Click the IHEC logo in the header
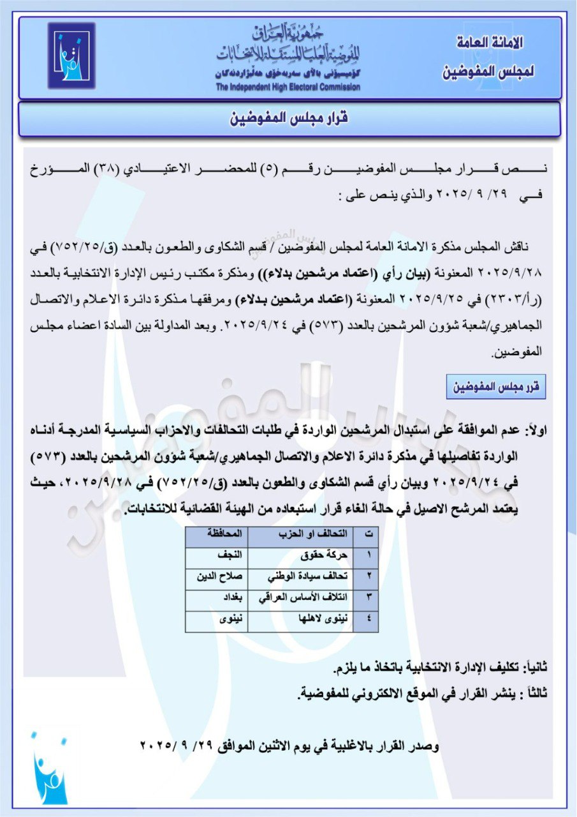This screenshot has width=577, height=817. tap(71, 56)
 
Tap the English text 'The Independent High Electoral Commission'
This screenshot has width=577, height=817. tap(288, 87)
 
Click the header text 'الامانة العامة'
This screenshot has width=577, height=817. tap(490, 44)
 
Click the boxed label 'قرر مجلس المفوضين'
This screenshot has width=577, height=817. tap(496, 387)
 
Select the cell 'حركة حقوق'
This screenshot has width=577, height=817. tap(329, 555)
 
